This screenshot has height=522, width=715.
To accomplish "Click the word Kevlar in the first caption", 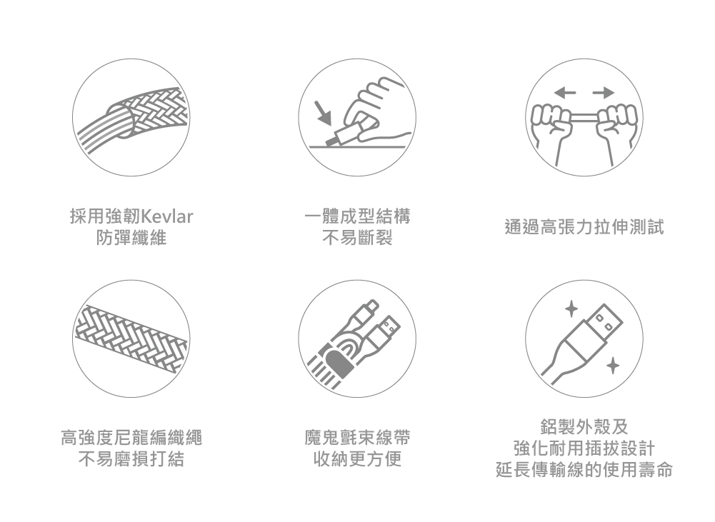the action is pyautogui.click(x=168, y=216).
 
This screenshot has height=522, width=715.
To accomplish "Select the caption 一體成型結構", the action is pyautogui.click(x=357, y=216).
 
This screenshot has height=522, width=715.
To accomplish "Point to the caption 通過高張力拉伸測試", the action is pyautogui.click(x=584, y=227).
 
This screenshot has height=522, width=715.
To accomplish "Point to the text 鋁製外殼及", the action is pyautogui.click(x=584, y=426).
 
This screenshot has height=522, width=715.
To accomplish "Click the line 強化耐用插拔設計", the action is pyautogui.click(x=584, y=448).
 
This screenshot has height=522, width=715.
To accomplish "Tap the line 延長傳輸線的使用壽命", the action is pyautogui.click(x=584, y=471).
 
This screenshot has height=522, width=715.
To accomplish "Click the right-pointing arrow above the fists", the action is pyautogui.click(x=604, y=92).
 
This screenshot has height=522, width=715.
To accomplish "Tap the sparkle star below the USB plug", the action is pyautogui.click(x=611, y=366).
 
